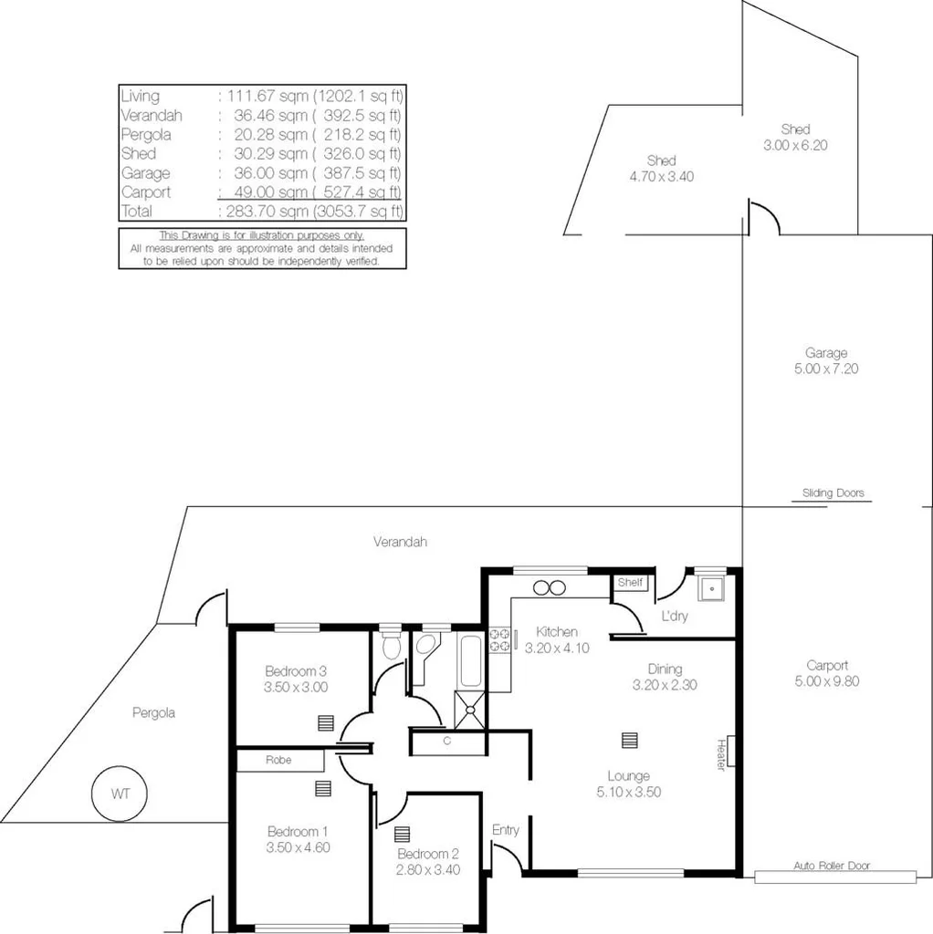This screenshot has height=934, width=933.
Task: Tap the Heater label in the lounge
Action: point(720,754)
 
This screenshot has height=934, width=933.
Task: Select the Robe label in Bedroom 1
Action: point(279,760)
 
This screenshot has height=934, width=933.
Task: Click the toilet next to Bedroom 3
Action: point(391,646)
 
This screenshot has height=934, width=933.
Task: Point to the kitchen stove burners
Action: point(499,640)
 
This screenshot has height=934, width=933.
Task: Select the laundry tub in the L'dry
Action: point(711,589)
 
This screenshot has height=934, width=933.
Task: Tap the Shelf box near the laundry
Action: point(630,583)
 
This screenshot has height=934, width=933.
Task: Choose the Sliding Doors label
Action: point(833,493)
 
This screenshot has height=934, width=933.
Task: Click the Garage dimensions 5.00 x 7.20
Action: point(825,369)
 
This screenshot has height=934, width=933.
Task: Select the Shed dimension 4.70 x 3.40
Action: point(661,176)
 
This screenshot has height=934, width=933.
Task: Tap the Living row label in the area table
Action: point(140,96)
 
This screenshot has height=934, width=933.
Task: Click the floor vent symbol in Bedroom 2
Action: point(403,834)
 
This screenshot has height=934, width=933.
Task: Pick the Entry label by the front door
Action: point(505,829)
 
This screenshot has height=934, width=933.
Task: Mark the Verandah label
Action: point(400,542)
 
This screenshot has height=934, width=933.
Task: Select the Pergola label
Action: point(152,712)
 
